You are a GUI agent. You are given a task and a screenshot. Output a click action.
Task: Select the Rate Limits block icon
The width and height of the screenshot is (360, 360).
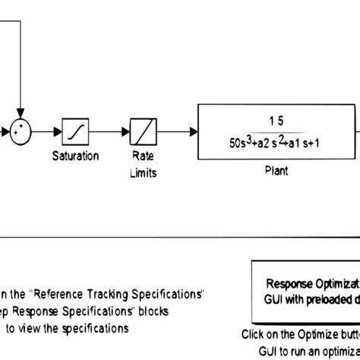(143, 132)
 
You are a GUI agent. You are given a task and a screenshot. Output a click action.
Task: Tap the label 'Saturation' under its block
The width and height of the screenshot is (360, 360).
(75, 156)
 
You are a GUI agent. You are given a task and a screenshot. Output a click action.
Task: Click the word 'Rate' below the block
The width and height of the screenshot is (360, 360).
(143, 156)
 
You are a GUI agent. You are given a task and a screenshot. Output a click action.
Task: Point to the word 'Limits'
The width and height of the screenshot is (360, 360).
(143, 172)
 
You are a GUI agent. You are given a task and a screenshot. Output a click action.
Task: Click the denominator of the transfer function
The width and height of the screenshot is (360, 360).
(276, 142)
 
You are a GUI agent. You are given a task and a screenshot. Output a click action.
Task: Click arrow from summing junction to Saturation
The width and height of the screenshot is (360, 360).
(47, 132)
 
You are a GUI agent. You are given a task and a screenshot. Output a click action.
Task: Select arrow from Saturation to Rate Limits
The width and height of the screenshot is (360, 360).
(109, 132)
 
